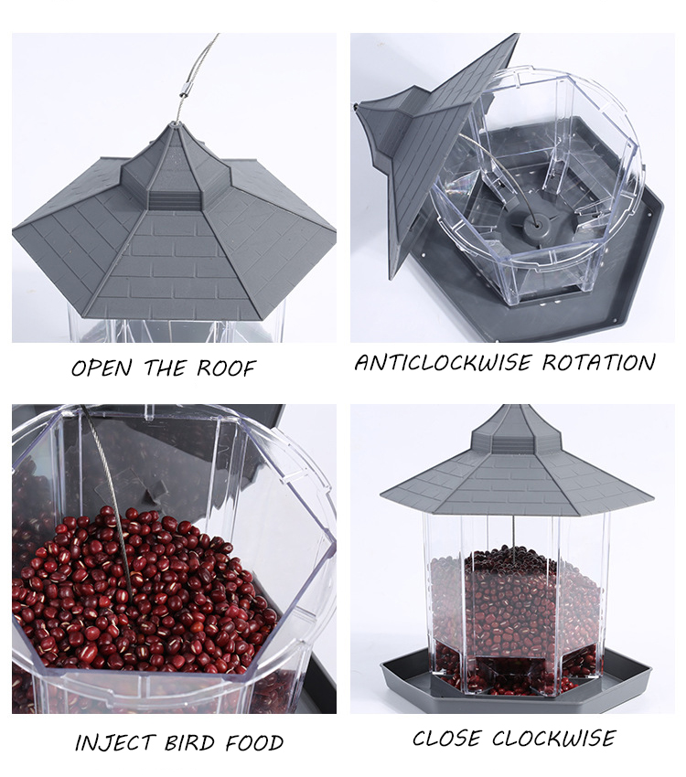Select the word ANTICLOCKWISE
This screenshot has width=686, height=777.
(442, 362)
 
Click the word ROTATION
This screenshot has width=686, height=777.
(598, 362)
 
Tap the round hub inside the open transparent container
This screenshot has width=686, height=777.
(528, 220)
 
